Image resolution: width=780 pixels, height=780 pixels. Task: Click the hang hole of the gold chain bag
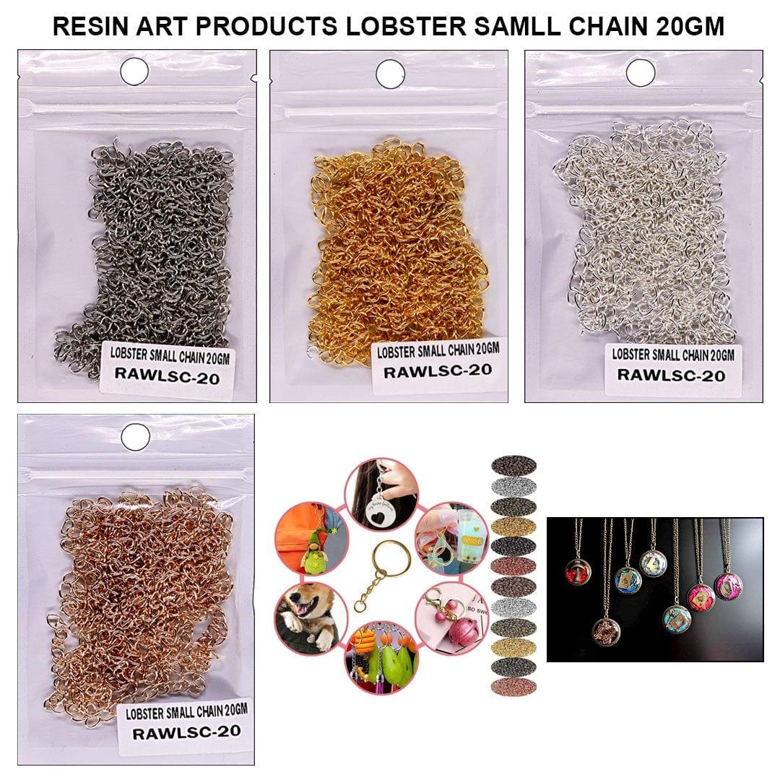[390, 73]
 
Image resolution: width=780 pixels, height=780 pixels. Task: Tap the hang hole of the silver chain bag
[640, 72]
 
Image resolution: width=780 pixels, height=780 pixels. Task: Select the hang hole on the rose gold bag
[136, 436]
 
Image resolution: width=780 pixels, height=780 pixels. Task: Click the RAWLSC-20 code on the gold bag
[438, 371]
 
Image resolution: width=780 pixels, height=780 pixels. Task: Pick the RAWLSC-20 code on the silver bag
[671, 375]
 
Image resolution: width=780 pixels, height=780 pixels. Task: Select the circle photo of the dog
[307, 616]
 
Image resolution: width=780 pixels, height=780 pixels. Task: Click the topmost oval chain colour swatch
[513, 464]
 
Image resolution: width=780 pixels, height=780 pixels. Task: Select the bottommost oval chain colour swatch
[513, 686]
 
